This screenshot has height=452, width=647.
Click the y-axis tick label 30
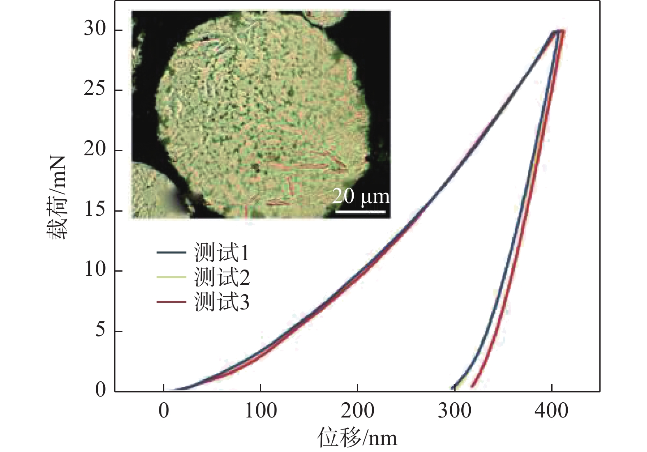click(x=95, y=29)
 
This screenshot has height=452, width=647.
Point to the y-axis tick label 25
click(x=95, y=89)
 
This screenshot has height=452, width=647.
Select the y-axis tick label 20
click(x=95, y=150)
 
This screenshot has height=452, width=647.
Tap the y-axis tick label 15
click(x=95, y=210)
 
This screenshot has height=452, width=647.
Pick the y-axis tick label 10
click(x=95, y=270)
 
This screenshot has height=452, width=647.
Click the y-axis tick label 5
click(x=101, y=330)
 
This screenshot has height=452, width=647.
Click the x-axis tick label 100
click(x=260, y=410)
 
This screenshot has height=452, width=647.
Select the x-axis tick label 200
click(x=357, y=410)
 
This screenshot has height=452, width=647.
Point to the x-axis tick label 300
click(x=454, y=410)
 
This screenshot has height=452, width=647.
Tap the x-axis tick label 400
click(x=551, y=410)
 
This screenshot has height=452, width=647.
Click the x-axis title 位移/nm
click(x=357, y=437)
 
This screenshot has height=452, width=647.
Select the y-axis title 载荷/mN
click(x=56, y=197)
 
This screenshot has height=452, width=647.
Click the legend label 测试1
click(x=222, y=253)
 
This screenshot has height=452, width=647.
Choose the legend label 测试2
click(x=222, y=277)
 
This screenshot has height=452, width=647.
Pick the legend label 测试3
click(x=222, y=302)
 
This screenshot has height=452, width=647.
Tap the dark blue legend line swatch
click(x=171, y=252)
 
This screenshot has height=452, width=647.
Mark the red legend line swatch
click(x=171, y=302)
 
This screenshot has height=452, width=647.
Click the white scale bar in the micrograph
click(x=360, y=212)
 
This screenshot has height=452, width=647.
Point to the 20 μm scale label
click(x=361, y=196)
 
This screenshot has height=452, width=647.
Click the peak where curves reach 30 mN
click(x=559, y=31)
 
